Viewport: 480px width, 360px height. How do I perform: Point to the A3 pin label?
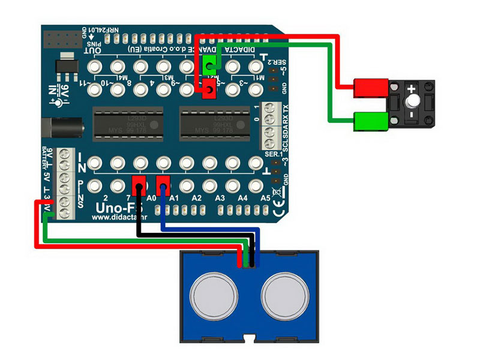pyautogui.click(x=220, y=197)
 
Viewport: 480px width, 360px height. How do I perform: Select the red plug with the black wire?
pyautogui.click(x=139, y=183)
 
